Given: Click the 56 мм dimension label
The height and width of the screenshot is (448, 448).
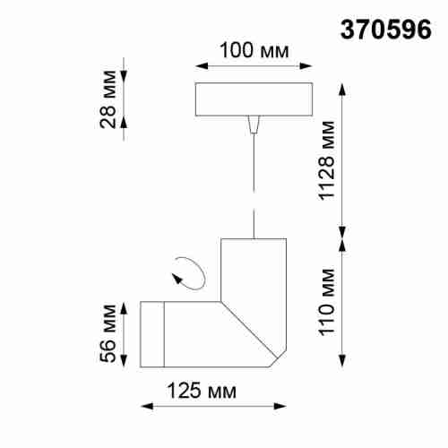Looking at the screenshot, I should (x=107, y=333).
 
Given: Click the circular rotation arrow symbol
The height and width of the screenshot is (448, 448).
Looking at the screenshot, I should (x=189, y=271).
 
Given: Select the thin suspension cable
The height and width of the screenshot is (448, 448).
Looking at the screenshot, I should (x=254, y=179).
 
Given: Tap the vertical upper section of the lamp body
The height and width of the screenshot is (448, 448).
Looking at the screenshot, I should (x=254, y=269).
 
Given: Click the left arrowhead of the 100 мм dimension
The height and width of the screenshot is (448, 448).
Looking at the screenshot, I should (x=199, y=66).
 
